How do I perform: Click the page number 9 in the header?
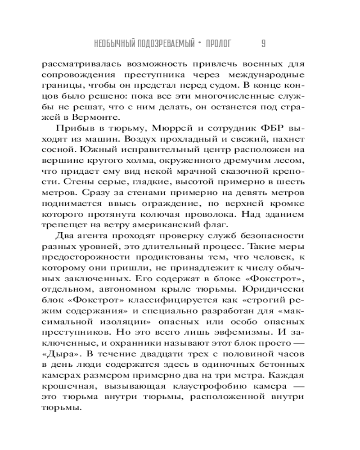(263, 44)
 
